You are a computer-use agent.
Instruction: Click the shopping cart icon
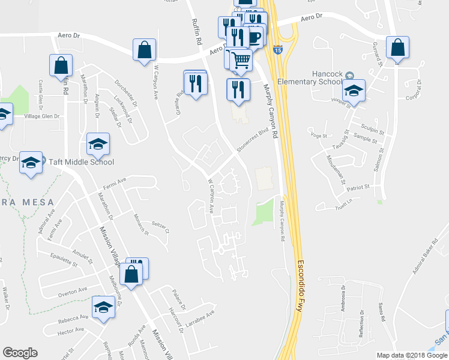[x=241, y=60]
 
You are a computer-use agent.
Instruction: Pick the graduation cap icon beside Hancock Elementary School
[x=354, y=91]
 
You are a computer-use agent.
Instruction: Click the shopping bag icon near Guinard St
[x=397, y=47]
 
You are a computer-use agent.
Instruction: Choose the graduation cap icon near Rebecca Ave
[x=103, y=307]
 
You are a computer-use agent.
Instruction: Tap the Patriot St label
[x=358, y=188]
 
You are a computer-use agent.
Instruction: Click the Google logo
[x=20, y=353]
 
